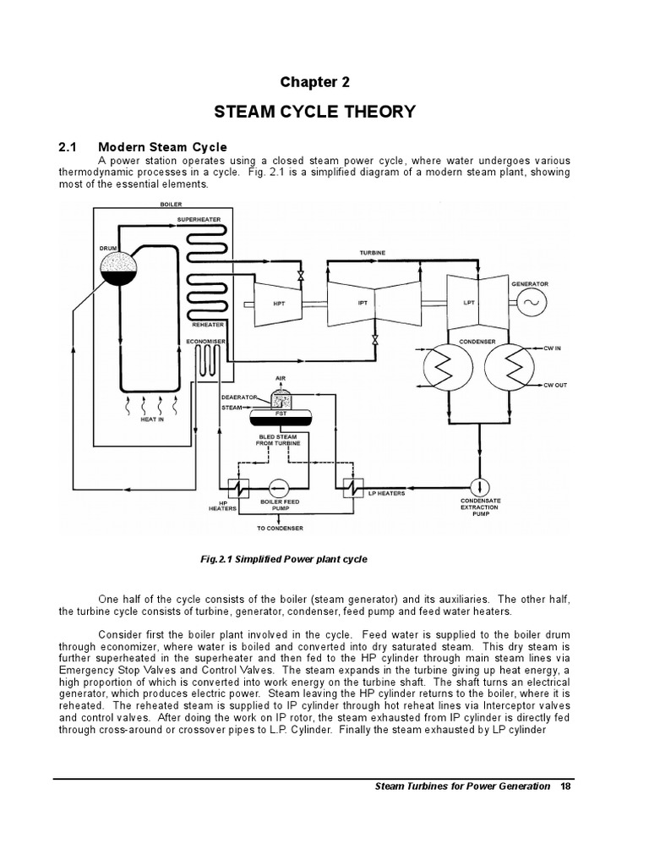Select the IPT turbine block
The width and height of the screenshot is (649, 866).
click(361, 303)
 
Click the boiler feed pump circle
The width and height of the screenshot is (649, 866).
click(279, 488)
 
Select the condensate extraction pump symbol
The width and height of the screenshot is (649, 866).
click(480, 487)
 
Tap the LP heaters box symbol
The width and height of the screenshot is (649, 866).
click(349, 488)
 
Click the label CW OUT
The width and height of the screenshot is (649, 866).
click(555, 385)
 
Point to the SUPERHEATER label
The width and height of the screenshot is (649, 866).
click(199, 218)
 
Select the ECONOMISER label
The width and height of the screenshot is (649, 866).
click(207, 342)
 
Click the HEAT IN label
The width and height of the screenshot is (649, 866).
click(153, 420)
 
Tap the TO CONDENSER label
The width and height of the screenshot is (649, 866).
click(281, 529)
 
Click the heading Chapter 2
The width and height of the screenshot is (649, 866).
click(314, 82)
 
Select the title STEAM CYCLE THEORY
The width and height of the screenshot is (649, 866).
click(315, 112)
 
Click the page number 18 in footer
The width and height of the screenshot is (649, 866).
click(565, 787)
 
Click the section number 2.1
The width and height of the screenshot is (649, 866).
click(69, 147)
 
